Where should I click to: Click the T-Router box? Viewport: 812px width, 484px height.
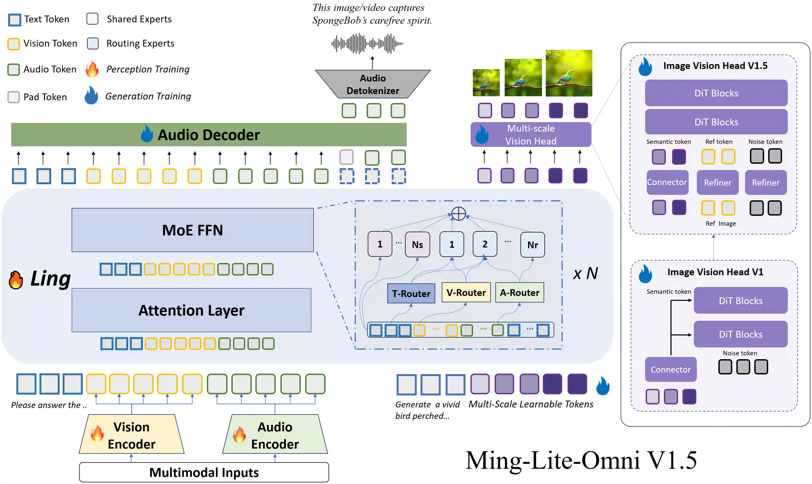point(411,294)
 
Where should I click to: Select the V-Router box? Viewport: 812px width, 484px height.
point(466,292)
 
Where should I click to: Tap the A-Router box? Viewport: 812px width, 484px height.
point(519,292)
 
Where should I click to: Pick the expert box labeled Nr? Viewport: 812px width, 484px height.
point(532,245)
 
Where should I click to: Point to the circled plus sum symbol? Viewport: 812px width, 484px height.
point(458,214)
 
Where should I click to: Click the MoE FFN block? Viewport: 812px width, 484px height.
point(192,230)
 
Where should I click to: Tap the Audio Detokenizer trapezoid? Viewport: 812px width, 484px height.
point(373,84)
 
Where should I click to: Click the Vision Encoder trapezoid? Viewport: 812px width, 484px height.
point(131,435)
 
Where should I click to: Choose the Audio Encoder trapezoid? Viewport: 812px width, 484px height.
point(275,435)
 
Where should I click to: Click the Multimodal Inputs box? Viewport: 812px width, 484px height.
point(204,472)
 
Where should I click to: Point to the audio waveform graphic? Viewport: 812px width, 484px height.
point(367,43)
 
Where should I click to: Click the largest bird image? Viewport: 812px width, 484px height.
point(568,73)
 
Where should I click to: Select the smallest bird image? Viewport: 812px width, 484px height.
point(486,83)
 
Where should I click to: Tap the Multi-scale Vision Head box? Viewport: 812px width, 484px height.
point(531,134)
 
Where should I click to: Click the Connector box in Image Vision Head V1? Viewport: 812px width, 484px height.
point(670,369)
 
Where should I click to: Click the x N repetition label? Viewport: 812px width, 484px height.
point(585,273)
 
